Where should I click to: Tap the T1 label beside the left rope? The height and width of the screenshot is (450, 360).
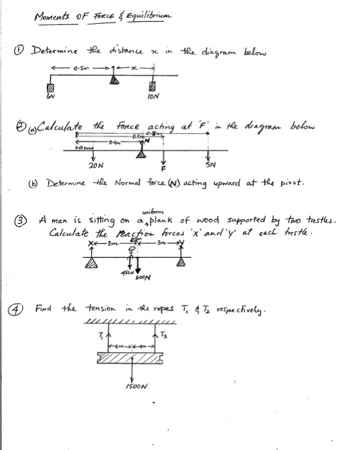(x=100, y=333)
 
